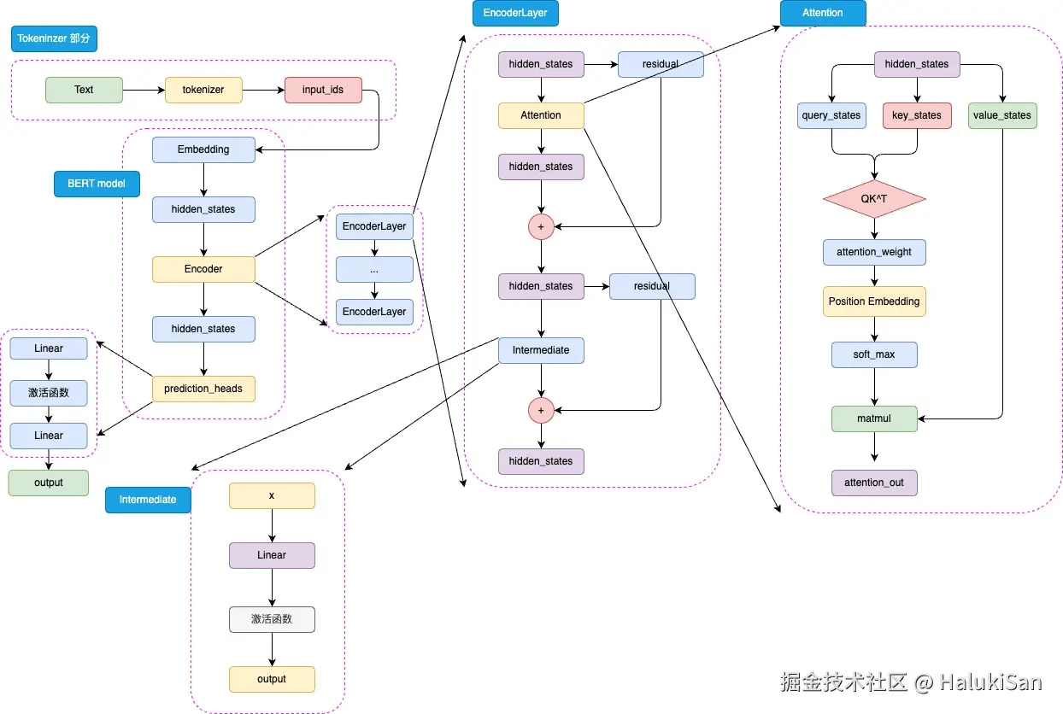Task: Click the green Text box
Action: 84,90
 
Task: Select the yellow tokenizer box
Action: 203,90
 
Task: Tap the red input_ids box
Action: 323,90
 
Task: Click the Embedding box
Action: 203,149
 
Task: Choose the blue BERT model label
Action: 97,184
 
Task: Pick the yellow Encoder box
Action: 203,269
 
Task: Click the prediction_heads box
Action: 203,389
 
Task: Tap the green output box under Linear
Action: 49,483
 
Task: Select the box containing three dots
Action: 374,269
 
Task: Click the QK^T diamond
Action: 874,199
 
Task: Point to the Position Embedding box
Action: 874,301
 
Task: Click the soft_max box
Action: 874,354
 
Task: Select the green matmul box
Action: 874,418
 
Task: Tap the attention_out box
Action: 874,483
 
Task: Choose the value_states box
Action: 1002,115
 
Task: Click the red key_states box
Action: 917,115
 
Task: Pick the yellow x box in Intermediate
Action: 272,495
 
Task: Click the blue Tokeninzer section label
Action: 54,38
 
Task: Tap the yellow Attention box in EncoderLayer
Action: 541,115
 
